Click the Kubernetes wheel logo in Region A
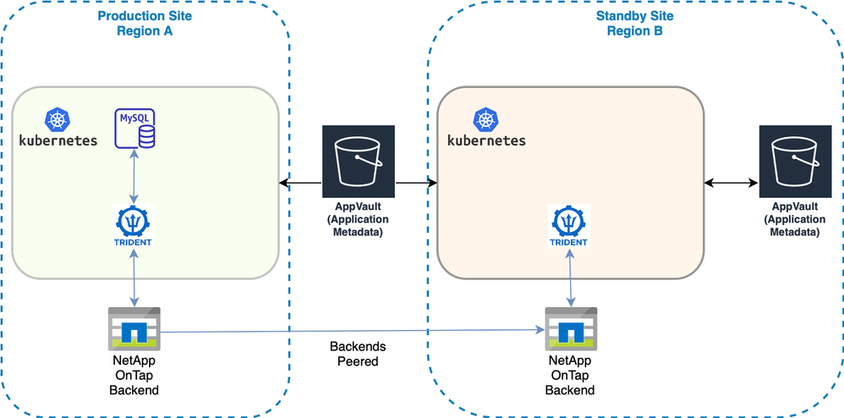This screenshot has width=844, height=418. (x=58, y=118)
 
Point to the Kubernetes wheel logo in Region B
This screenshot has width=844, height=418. (x=485, y=118)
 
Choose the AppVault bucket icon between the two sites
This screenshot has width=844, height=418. (x=359, y=161)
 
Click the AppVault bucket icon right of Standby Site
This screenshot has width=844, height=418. (x=795, y=161)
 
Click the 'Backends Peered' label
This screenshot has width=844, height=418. (x=358, y=354)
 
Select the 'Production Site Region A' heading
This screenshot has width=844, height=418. (x=144, y=24)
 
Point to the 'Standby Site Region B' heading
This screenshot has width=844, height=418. (x=634, y=24)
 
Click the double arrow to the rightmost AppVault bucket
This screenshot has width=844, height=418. (x=732, y=182)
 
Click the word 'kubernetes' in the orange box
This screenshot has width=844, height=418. (x=486, y=140)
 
